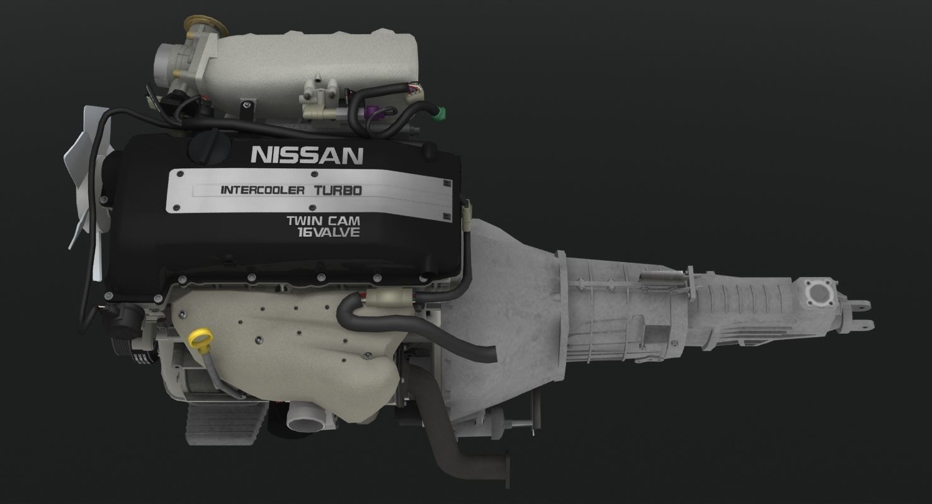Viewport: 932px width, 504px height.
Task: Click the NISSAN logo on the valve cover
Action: (307, 155)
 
